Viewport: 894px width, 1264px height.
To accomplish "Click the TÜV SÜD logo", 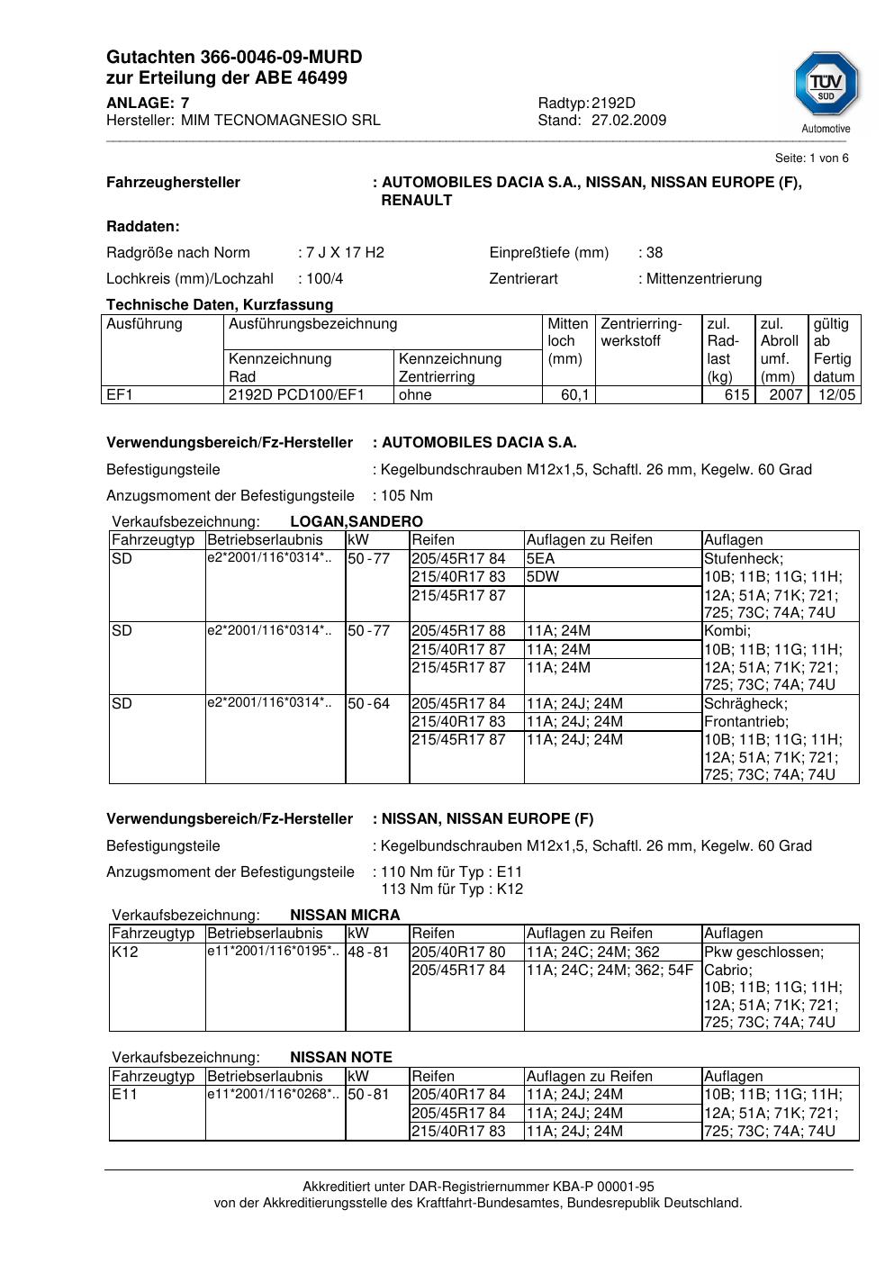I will [x=826, y=86].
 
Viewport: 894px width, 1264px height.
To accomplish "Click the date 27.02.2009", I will [x=628, y=120].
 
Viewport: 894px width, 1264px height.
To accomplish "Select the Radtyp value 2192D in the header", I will [x=613, y=103].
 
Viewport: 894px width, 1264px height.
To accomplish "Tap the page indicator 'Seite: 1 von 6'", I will [x=811, y=158].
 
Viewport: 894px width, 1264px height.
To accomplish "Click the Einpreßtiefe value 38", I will [x=655, y=252].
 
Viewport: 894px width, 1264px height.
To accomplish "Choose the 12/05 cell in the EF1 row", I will [x=835, y=394].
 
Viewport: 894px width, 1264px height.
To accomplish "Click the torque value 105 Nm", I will [x=407, y=495].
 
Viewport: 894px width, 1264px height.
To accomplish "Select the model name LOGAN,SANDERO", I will [x=357, y=521].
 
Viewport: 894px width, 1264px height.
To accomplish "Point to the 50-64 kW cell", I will [x=368, y=703].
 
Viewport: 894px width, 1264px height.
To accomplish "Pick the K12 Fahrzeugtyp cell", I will [x=125, y=952].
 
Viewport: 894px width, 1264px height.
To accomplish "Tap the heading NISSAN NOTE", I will [x=341, y=1057].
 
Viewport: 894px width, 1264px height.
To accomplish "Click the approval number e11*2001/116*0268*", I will [x=274, y=1094].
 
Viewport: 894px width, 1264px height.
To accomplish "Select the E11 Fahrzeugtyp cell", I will [x=123, y=1094].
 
